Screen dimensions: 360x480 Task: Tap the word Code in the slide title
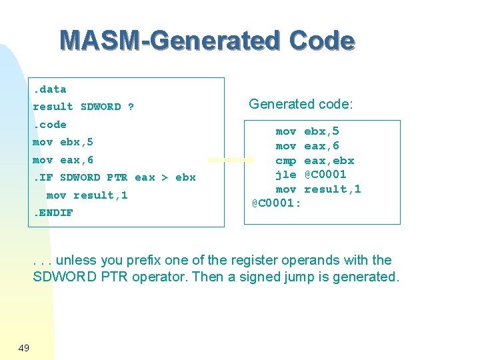(x=322, y=41)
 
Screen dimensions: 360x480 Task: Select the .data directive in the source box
(x=50, y=89)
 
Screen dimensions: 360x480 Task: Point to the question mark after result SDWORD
(x=131, y=107)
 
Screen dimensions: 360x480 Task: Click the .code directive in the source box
(x=50, y=125)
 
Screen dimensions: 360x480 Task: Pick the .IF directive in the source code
(x=43, y=177)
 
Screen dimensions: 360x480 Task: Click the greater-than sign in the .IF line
(x=165, y=177)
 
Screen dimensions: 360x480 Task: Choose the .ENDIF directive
(x=53, y=213)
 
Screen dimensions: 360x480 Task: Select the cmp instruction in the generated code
(x=286, y=161)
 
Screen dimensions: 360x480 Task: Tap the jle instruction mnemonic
(x=286, y=175)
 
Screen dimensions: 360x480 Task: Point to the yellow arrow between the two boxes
(x=231, y=160)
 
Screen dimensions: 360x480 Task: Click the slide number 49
(x=23, y=347)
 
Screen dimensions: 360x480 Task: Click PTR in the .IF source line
(x=117, y=177)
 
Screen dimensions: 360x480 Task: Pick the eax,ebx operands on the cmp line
(x=329, y=161)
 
